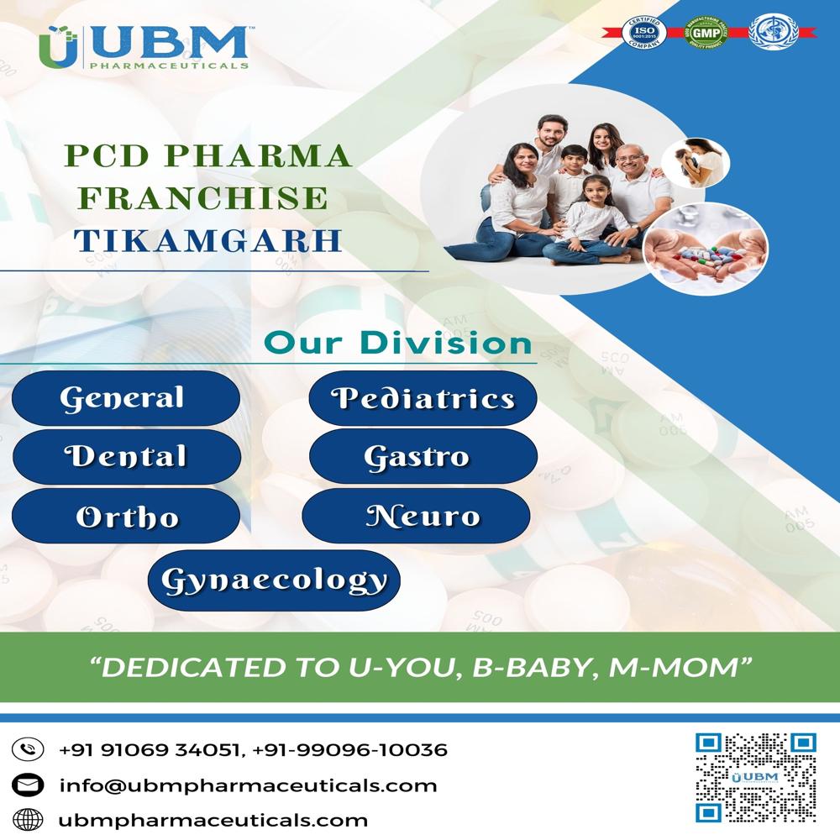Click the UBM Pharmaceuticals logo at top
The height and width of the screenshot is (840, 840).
pyautogui.click(x=144, y=47)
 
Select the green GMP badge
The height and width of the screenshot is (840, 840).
pyautogui.click(x=702, y=33)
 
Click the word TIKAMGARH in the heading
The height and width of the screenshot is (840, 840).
pyautogui.click(x=207, y=239)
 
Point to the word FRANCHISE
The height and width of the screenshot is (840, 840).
pyautogui.click(x=207, y=197)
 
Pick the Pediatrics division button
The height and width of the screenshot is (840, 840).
pyautogui.click(x=423, y=397)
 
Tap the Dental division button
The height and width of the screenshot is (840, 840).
pyautogui.click(x=126, y=457)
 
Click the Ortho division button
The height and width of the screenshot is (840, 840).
pyautogui.click(x=127, y=516)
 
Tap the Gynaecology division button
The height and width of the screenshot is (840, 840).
pyautogui.click(x=274, y=579)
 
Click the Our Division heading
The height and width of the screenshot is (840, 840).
pyautogui.click(x=398, y=344)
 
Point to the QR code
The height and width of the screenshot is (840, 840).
pyautogui.click(x=755, y=777)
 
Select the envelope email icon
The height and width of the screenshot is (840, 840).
pyautogui.click(x=28, y=785)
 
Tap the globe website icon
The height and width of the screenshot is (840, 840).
pyautogui.click(x=28, y=820)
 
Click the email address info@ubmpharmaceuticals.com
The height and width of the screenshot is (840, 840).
pyautogui.click(x=248, y=785)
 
